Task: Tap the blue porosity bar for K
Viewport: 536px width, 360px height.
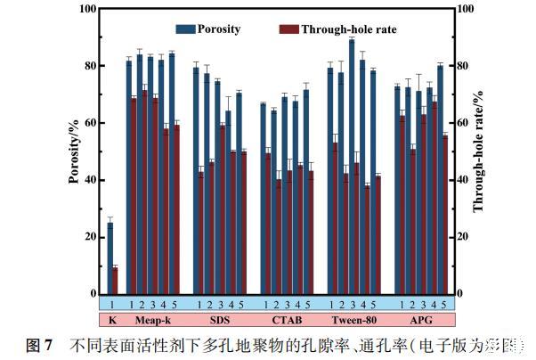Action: (110, 258)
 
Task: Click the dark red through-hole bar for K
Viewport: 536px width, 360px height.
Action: (115, 281)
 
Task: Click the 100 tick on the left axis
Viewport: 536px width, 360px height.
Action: (87, 9)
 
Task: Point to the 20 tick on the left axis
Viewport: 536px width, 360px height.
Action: (90, 237)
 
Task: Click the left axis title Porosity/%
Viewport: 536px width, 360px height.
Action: (74, 151)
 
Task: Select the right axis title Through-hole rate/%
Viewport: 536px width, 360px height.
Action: (478, 151)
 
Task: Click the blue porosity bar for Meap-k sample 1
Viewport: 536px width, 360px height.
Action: (129, 177)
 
